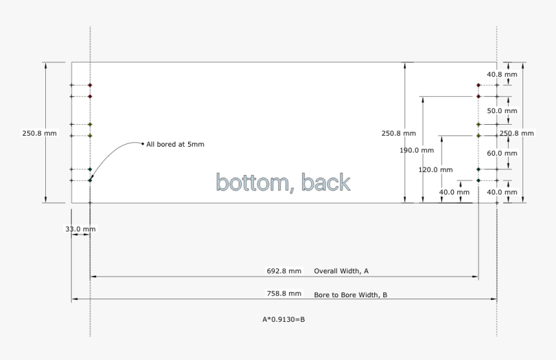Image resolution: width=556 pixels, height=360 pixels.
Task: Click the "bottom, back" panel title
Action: click(283, 182)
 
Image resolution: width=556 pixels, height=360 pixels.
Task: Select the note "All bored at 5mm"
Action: click(175, 144)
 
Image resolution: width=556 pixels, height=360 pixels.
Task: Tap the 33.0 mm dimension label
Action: click(81, 229)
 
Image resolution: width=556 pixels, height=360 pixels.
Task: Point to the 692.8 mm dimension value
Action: click(284, 271)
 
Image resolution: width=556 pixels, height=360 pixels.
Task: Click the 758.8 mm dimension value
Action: click(284, 293)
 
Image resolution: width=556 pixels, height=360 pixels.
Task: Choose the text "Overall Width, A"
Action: click(341, 271)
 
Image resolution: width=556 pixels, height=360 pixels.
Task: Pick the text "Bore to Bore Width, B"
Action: click(350, 295)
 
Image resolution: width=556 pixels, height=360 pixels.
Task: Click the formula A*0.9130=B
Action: click(284, 320)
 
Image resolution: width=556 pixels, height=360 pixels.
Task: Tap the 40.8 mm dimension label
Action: click(502, 74)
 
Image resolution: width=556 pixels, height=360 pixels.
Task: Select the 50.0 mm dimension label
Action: click(502, 111)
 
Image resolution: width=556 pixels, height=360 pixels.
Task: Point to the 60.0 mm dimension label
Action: click(502, 153)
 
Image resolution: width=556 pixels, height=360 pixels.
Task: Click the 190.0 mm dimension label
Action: click(416, 150)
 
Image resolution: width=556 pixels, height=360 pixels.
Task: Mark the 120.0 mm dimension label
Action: click(436, 170)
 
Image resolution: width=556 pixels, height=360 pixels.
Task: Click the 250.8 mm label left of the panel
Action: click(39, 134)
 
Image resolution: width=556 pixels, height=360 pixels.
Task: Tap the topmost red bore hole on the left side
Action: click(90, 85)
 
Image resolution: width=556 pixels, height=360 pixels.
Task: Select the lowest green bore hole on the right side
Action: click(478, 180)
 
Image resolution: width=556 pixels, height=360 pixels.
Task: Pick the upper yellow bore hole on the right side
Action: click(478, 124)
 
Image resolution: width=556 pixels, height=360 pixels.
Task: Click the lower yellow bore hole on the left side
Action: click(90, 136)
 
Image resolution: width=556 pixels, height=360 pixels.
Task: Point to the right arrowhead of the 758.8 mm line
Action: click(494, 299)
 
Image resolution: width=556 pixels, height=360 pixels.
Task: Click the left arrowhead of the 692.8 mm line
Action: click(93, 277)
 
